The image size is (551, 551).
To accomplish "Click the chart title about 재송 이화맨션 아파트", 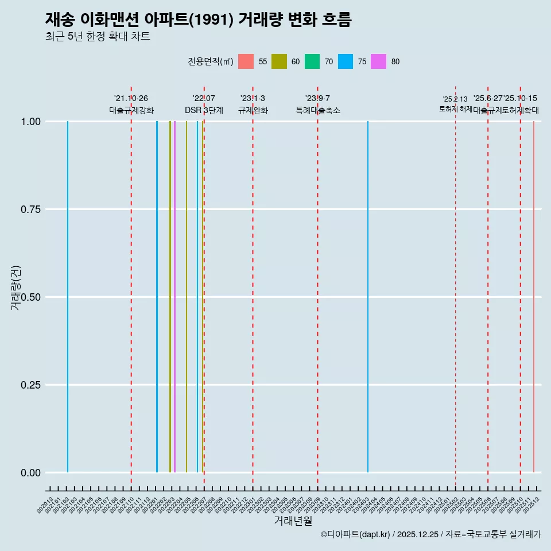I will [198, 20].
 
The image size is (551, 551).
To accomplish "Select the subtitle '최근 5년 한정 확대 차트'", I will [98, 37].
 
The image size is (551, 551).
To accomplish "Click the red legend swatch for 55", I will [246, 61].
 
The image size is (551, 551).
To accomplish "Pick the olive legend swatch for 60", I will [279, 61].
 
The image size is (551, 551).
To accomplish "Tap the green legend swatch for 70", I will [312, 61].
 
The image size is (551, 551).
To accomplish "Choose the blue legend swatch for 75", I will [346, 61].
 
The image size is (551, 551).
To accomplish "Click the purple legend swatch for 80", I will [379, 61].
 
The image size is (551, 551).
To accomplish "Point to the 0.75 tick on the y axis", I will [29, 209].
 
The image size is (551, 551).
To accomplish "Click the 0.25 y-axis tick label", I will [29, 385].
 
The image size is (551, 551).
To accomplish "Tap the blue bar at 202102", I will [68, 297].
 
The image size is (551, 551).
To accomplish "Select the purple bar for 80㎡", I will [174, 297].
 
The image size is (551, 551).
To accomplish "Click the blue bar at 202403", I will [368, 297].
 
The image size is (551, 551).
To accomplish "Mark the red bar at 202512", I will [534, 297].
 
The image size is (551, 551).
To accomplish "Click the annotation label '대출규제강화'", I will [131, 110].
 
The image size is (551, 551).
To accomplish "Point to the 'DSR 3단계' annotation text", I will [204, 110].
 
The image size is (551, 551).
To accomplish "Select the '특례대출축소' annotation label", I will [318, 110].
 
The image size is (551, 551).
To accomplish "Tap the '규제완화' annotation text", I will [253, 110].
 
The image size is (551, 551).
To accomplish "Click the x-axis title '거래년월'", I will [293, 521].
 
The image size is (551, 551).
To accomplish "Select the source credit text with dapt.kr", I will [430, 534].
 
